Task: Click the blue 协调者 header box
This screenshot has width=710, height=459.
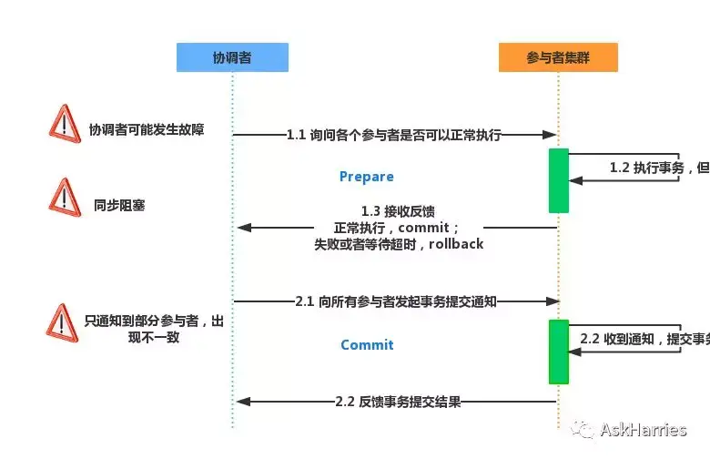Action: pyautogui.click(x=232, y=57)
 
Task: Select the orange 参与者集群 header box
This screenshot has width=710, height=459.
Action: pyautogui.click(x=558, y=57)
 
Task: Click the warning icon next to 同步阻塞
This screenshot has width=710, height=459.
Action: pyautogui.click(x=63, y=196)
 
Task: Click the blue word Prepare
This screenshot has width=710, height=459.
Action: pyautogui.click(x=366, y=177)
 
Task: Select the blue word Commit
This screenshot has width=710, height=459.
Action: pyautogui.click(x=367, y=345)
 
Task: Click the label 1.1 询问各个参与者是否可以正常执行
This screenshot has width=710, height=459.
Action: pyautogui.click(x=394, y=135)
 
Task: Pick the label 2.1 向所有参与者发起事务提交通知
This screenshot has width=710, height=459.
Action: pyautogui.click(x=395, y=301)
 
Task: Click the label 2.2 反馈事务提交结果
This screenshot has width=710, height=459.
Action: pyautogui.click(x=397, y=402)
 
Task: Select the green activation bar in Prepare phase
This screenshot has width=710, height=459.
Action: pyautogui.click(x=558, y=180)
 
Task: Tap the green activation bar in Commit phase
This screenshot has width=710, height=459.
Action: pyautogui.click(x=558, y=352)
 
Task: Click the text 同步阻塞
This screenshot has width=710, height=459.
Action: pyautogui.click(x=119, y=206)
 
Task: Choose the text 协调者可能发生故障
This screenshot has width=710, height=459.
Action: pyautogui.click(x=146, y=130)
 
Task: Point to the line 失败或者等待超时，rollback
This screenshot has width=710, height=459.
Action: pyautogui.click(x=399, y=244)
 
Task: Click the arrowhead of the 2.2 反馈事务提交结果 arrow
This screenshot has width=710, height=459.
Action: pyautogui.click(x=242, y=402)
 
